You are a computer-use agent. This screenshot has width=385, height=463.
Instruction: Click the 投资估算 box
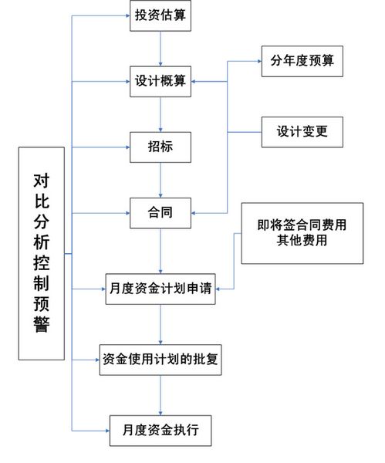pyautogui.click(x=160, y=15)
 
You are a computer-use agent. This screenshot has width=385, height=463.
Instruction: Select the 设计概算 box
pyautogui.click(x=160, y=82)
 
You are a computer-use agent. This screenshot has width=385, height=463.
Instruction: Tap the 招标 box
pyautogui.click(x=160, y=147)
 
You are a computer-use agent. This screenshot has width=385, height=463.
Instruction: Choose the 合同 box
pyautogui.click(x=160, y=213)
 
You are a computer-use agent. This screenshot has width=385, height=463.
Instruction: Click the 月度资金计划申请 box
pyautogui.click(x=160, y=289)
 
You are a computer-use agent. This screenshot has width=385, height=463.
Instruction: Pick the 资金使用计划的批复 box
pyautogui.click(x=160, y=360)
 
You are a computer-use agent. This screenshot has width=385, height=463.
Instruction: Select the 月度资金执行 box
pyautogui.click(x=160, y=431)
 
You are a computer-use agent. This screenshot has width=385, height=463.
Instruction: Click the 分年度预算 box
pyautogui.click(x=302, y=61)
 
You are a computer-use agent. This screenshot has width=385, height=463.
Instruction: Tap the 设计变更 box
pyautogui.click(x=302, y=132)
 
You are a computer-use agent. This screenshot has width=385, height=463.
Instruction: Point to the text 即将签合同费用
pyautogui.click(x=302, y=225)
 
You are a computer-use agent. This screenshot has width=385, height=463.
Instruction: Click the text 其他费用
pyautogui.click(x=302, y=240)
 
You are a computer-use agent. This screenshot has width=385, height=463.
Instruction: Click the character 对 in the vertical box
pyautogui.click(x=41, y=181)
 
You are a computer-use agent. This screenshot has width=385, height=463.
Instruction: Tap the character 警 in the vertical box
pyautogui.click(x=41, y=325)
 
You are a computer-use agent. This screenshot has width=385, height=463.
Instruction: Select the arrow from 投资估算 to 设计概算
pyautogui.click(x=160, y=49)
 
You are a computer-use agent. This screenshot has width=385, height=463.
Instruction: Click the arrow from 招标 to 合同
pyautogui.click(x=160, y=180)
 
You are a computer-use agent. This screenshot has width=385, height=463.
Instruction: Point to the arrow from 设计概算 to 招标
pyautogui.click(x=160, y=114)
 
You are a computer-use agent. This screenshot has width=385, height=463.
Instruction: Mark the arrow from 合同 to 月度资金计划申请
pyautogui.click(x=160, y=251)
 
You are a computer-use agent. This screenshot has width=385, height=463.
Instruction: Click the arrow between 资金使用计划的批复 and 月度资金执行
pyautogui.click(x=160, y=395)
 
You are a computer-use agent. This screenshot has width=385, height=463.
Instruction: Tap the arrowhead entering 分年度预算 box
pyautogui.click(x=259, y=62)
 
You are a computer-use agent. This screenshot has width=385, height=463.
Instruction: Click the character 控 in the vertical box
pyautogui.click(x=41, y=263)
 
